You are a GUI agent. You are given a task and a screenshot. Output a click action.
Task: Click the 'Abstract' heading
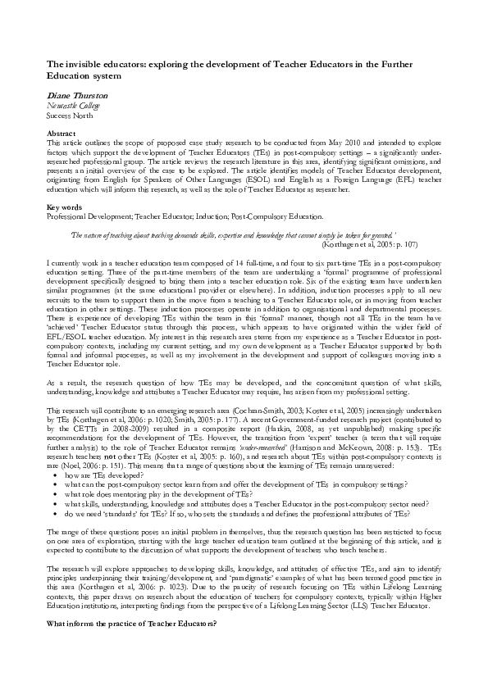pyautogui.click(x=62, y=133)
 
